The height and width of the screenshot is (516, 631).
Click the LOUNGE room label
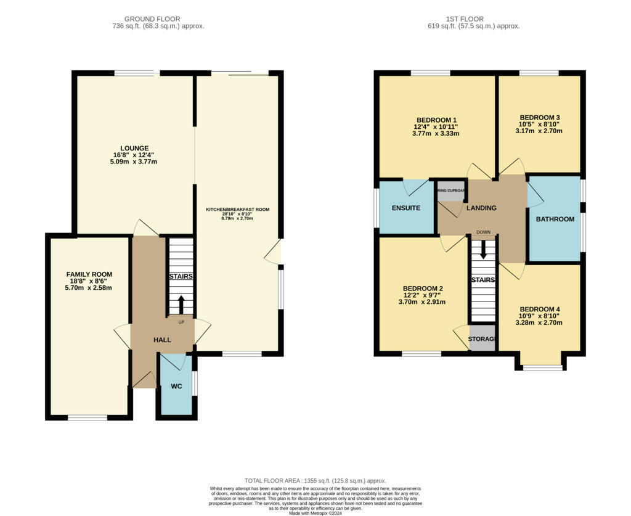pos(134,148)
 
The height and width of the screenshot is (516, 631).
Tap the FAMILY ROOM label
pos(89,274)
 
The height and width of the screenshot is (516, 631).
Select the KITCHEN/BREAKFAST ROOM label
pos(238,210)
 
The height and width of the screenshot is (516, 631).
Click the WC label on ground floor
pos(176,387)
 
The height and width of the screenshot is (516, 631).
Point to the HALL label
pos(162,340)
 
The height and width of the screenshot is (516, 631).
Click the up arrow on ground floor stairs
pos(181,305)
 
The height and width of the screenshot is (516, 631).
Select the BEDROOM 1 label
pos(436,120)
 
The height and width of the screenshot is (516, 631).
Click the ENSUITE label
pos(406,208)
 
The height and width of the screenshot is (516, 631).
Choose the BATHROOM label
pos(555,219)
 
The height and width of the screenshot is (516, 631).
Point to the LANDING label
pos(481,208)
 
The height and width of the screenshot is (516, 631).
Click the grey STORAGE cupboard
pos(482,339)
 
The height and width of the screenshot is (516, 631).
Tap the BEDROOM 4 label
pos(540,309)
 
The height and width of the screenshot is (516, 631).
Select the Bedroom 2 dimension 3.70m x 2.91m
pos(423,302)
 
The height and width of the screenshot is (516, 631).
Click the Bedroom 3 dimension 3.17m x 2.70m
pos(540,131)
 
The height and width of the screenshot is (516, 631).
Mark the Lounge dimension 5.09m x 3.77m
pos(134,162)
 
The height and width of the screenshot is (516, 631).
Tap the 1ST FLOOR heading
pos(473,19)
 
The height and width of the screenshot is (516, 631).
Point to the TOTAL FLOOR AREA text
pos(315,480)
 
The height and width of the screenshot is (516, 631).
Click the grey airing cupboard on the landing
pos(451,190)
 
